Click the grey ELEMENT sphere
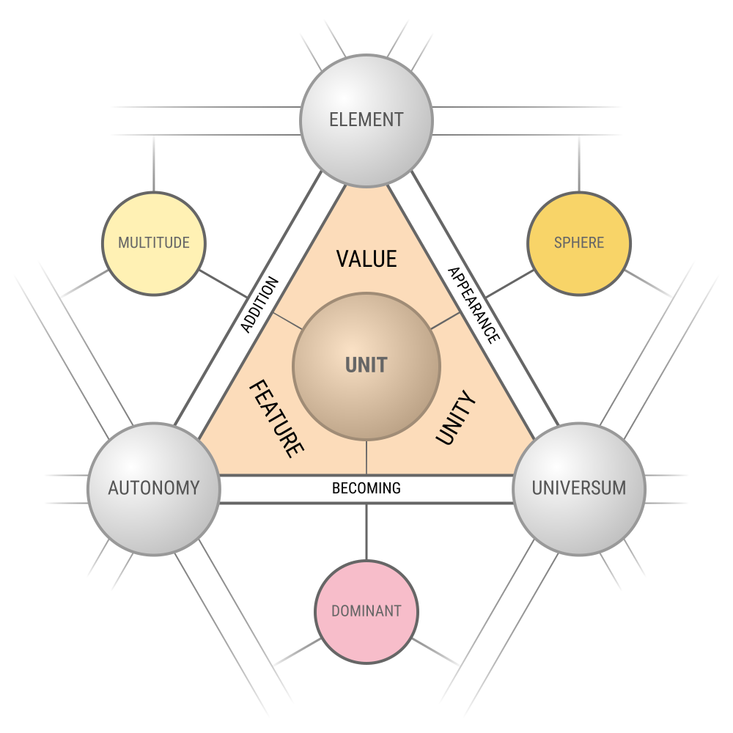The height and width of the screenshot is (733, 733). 366,121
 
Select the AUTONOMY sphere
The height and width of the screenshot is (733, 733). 154,489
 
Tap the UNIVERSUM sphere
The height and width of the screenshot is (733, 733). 579,489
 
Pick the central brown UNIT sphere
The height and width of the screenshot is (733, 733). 366,366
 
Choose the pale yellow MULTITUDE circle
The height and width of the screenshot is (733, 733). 154,243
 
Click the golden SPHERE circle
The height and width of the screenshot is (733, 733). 579,243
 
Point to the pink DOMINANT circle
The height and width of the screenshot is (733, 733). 366,612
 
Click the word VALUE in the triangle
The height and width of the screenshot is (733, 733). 366,259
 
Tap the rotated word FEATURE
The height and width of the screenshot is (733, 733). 277,419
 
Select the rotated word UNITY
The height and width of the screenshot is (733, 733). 456,418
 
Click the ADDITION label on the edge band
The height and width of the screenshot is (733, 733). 259,305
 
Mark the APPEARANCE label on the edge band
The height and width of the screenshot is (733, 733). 474,306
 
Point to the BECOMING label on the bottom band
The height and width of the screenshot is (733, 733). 366,488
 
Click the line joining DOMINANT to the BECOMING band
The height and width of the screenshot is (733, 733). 366,532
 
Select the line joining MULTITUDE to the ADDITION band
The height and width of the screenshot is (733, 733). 224,284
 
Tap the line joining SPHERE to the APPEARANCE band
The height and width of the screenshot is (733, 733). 509,284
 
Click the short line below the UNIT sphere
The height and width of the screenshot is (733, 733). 366,457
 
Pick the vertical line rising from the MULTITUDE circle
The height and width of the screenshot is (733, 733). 154,163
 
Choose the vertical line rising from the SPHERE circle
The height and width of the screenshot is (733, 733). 579,163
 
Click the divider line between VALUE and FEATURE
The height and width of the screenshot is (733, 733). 287,321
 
